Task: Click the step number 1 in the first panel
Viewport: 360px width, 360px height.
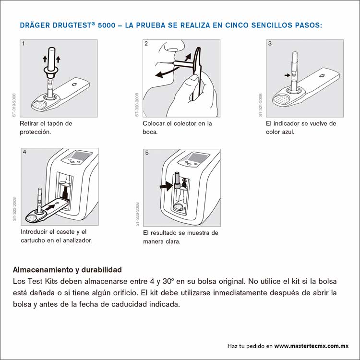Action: click(x=23, y=44)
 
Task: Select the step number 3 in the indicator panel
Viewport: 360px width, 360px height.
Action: click(x=270, y=44)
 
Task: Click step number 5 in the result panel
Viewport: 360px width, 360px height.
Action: click(x=147, y=153)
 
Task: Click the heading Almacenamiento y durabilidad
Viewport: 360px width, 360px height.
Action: click(x=67, y=270)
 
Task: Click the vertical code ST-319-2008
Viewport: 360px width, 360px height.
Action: click(x=14, y=105)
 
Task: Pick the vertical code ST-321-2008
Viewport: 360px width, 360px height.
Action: click(x=261, y=105)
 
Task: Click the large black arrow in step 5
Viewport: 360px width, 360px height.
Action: click(x=166, y=186)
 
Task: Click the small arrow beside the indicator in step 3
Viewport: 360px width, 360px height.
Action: click(x=288, y=75)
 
